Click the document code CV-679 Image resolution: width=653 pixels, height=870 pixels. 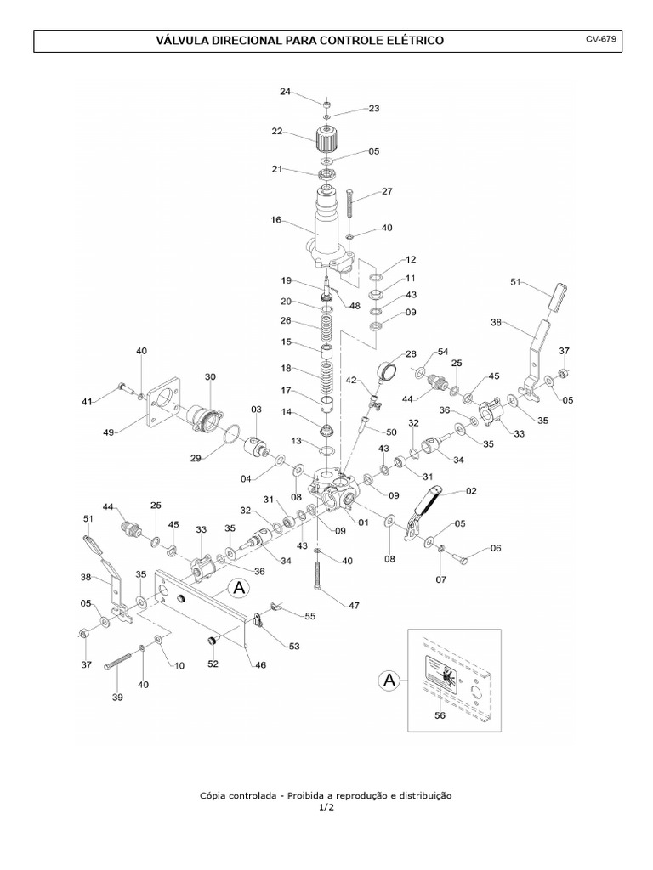tap(600, 39)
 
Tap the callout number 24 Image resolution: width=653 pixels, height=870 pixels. tap(285, 91)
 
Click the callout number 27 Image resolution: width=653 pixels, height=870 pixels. tap(387, 192)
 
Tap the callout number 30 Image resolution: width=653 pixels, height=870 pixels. tap(210, 376)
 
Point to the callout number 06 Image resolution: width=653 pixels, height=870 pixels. tap(496, 548)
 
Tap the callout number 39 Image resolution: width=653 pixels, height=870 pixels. tap(117, 698)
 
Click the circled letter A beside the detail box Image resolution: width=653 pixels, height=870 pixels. tap(389, 680)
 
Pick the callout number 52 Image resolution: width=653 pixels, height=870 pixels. tap(213, 664)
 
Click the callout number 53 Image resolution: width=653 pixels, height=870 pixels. tap(293, 647)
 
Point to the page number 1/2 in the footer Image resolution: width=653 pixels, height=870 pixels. tap(326, 808)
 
